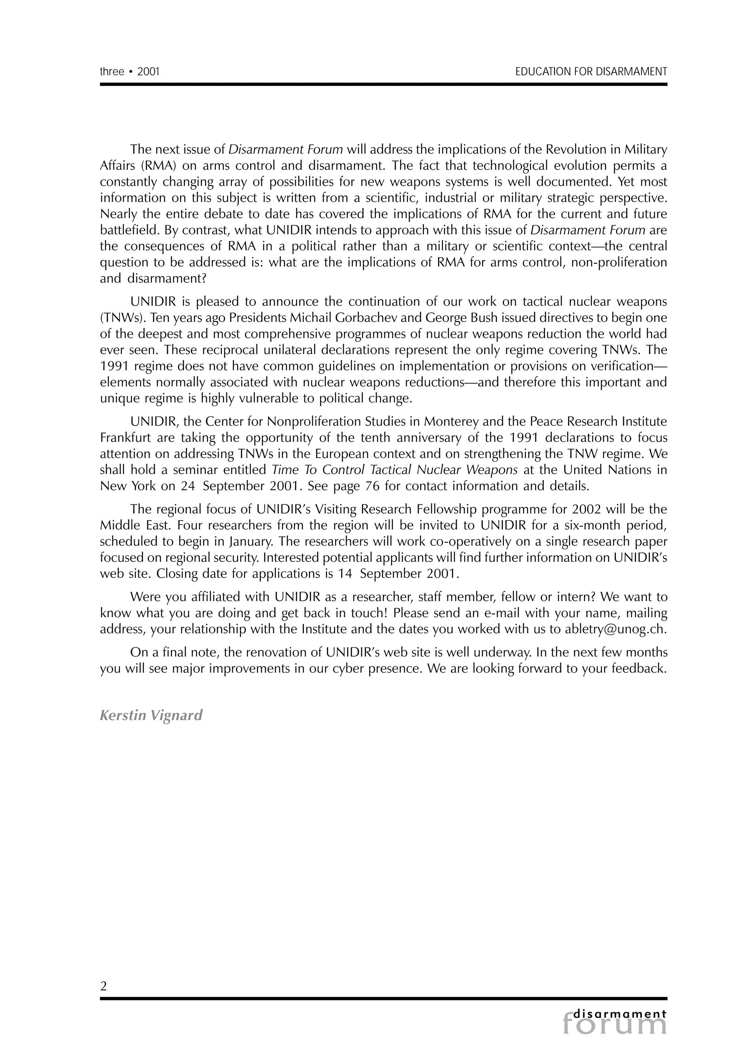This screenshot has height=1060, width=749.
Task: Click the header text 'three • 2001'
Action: (x=130, y=72)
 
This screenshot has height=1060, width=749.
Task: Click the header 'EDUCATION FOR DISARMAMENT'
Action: (x=591, y=72)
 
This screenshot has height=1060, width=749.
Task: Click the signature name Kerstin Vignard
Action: (x=151, y=715)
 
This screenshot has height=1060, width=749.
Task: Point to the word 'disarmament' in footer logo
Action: (x=620, y=1014)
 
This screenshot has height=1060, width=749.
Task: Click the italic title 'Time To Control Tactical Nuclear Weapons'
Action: (x=395, y=470)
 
